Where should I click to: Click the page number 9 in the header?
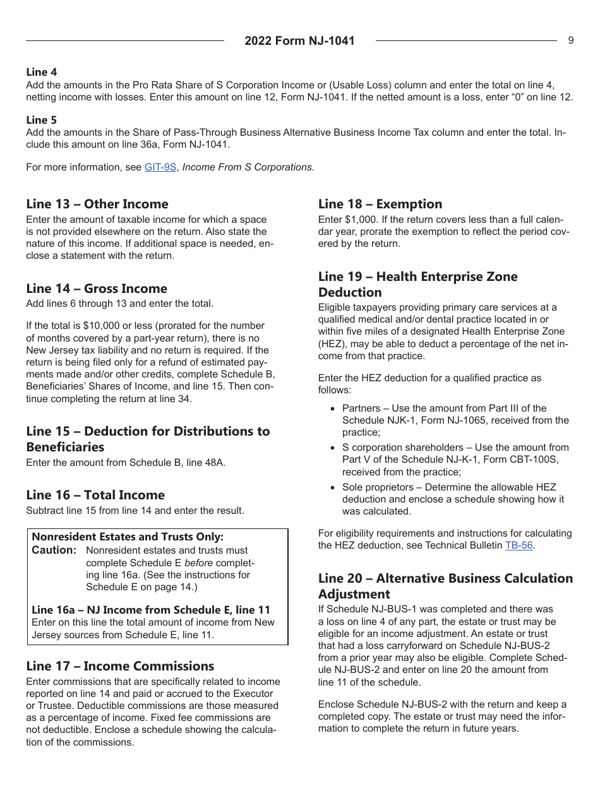click(571, 40)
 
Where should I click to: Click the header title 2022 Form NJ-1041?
click(299, 41)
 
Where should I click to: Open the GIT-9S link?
click(160, 167)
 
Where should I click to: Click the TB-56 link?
click(519, 545)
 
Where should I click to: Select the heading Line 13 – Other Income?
click(97, 204)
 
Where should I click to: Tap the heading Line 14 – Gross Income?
click(97, 288)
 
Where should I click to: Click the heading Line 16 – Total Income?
click(95, 495)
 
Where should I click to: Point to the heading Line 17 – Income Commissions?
click(120, 666)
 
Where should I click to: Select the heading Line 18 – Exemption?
click(380, 204)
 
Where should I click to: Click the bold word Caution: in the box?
click(54, 550)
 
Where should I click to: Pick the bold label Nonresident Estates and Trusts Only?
click(128, 537)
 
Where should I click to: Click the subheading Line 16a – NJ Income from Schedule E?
click(151, 610)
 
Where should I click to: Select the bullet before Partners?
click(333, 408)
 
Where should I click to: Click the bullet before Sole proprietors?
click(333, 487)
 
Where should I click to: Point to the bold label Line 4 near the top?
click(41, 73)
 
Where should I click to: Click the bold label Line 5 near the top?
click(41, 120)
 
